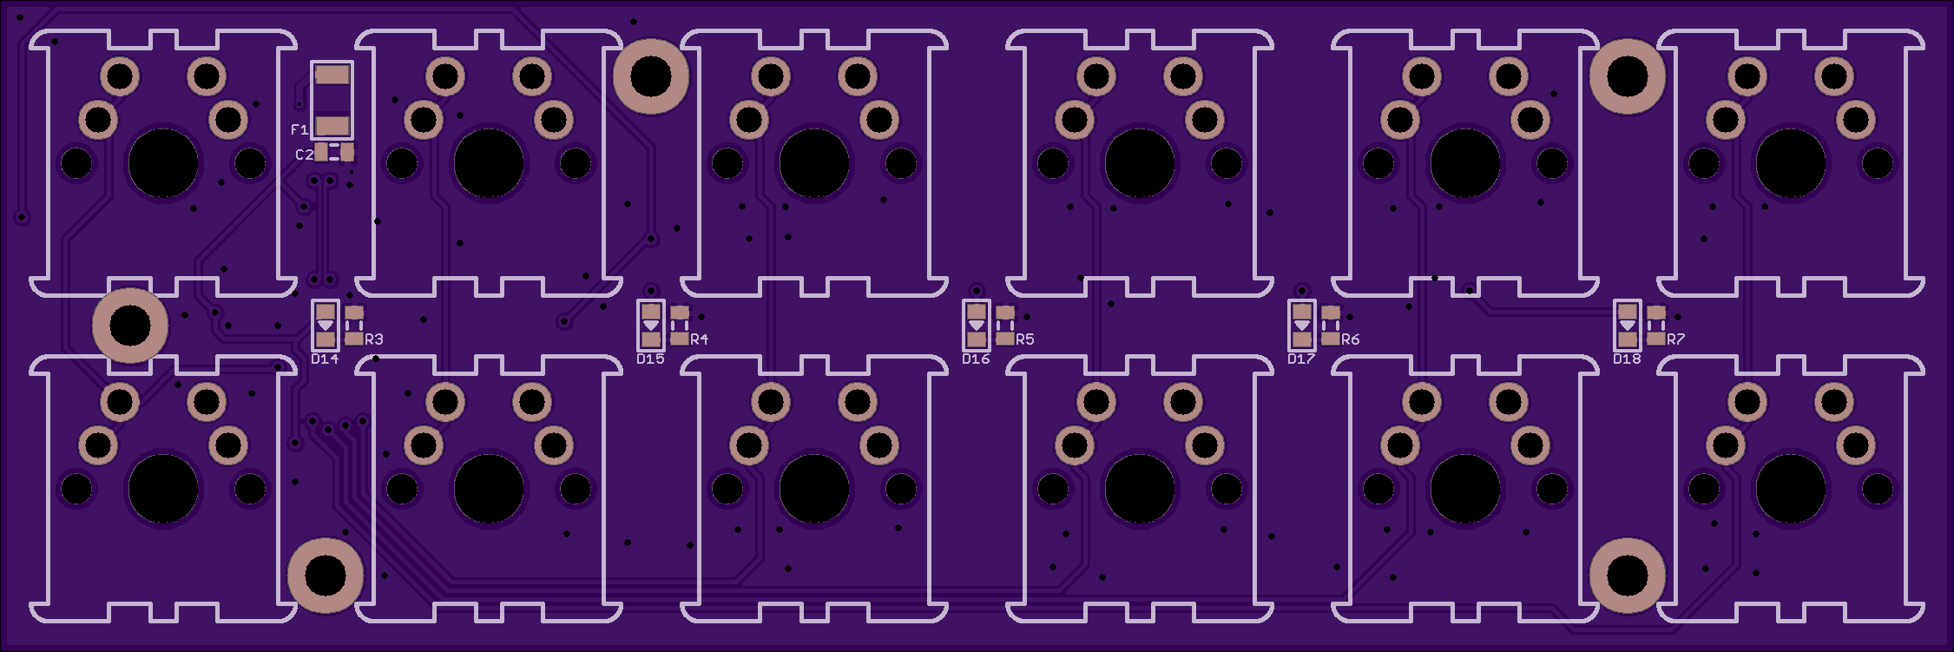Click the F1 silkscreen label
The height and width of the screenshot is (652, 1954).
pos(299,129)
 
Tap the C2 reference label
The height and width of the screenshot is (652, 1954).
pos(304,155)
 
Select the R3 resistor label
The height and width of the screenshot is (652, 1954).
pos(374,339)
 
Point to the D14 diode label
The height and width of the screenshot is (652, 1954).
pos(325,359)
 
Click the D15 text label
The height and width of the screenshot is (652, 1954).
pos(650,359)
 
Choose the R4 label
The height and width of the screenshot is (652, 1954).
pos(699,339)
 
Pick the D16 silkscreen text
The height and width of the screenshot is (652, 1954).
pos(976,359)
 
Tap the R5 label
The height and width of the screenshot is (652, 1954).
pos(1025,339)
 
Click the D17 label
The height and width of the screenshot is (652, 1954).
pos(1301,359)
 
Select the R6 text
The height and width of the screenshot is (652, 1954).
pos(1351,339)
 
